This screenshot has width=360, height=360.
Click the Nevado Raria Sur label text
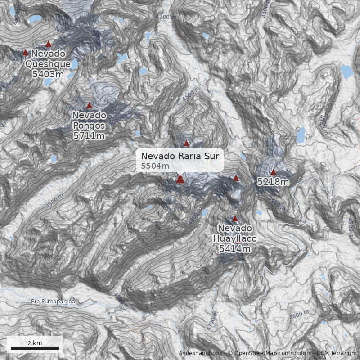[x=180, y=156]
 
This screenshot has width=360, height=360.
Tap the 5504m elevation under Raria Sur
[x=155, y=166]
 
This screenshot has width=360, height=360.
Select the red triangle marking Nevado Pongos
[x=89, y=106]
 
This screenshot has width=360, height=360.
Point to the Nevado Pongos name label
[x=89, y=120]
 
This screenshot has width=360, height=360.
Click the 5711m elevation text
[x=89, y=135]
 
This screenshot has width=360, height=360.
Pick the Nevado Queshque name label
[x=48, y=59]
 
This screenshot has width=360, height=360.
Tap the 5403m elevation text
[x=48, y=74]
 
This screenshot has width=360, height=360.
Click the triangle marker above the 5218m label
[x=273, y=172]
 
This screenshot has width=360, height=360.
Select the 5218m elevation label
[x=273, y=182]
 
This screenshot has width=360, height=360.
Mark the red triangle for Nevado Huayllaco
[x=234, y=219]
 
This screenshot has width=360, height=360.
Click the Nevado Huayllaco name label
[x=235, y=233]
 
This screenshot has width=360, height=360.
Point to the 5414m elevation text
[x=235, y=248]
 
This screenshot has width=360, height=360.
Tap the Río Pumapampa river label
[x=54, y=301]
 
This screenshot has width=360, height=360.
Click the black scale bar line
[x=35, y=348]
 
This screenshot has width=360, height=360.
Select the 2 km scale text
[x=35, y=343]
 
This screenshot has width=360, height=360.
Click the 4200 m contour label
[x=166, y=17]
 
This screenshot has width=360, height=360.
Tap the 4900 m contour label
[x=276, y=201]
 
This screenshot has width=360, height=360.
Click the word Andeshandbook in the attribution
[x=200, y=353]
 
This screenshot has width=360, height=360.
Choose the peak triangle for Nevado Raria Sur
[x=180, y=180]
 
